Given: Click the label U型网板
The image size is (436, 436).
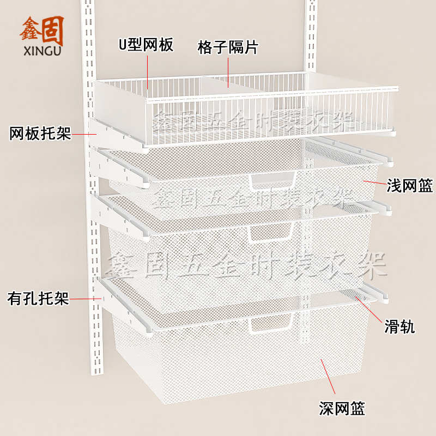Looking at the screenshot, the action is click(x=146, y=45).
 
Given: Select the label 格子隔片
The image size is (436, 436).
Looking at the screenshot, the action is click(x=228, y=47).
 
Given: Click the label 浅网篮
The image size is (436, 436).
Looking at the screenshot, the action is click(x=410, y=186).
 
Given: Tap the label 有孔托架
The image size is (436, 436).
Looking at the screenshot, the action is click(x=38, y=299).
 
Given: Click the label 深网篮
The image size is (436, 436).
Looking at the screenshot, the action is click(x=342, y=407).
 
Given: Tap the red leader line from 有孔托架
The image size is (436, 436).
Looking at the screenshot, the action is click(x=87, y=299).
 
